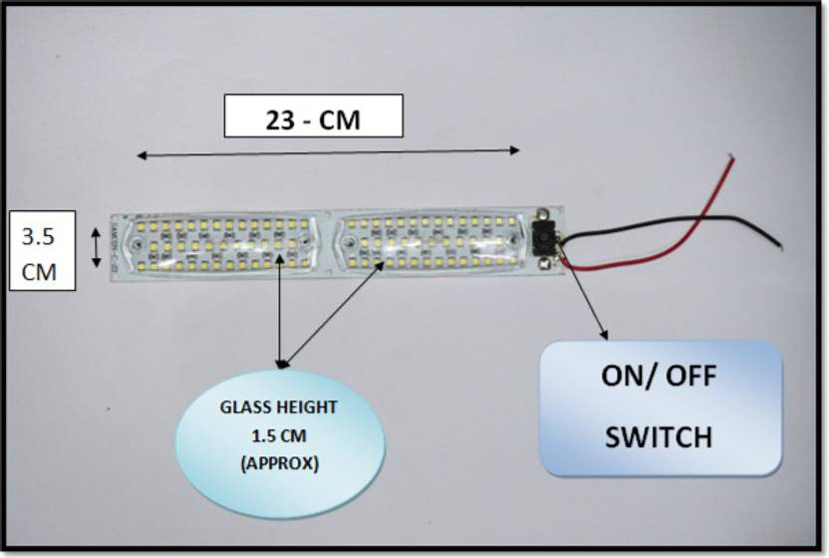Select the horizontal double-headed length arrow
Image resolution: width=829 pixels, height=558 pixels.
[328, 152]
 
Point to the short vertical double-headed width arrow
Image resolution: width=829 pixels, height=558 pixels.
[96, 246]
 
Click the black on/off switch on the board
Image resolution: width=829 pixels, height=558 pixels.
[544, 238]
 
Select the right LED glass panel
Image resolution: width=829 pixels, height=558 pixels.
[430, 242]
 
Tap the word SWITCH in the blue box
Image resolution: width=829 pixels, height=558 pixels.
[659, 436]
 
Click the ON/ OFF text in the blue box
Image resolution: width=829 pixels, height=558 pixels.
[659, 377]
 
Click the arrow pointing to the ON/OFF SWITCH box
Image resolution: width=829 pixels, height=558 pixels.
[588, 299]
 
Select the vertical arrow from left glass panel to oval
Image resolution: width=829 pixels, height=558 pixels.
[281, 309]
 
